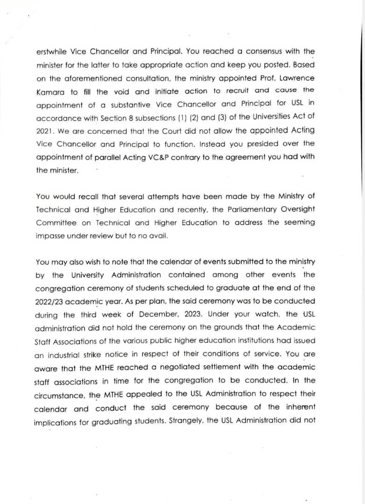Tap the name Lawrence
[297, 78]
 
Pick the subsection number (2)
[192, 118]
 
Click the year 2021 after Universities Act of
[44, 131]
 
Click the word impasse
[49, 236]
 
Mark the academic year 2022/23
[50, 301]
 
